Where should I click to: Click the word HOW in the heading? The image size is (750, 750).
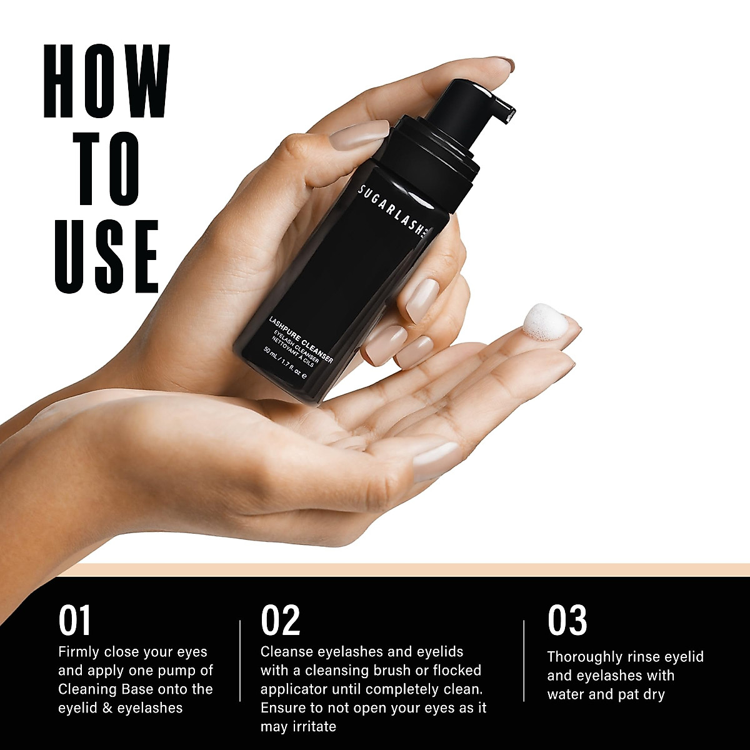(x=106, y=81)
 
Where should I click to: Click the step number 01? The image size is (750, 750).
(x=75, y=620)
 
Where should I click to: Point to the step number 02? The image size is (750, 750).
(x=281, y=620)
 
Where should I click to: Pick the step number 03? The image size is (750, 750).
(x=567, y=620)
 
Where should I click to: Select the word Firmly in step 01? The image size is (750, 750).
(x=79, y=652)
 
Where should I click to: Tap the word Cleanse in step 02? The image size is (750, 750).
(x=287, y=652)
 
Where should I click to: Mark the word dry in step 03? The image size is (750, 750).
(x=651, y=694)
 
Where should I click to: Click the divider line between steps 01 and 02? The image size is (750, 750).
(x=240, y=661)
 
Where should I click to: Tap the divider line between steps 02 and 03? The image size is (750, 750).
(x=524, y=661)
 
